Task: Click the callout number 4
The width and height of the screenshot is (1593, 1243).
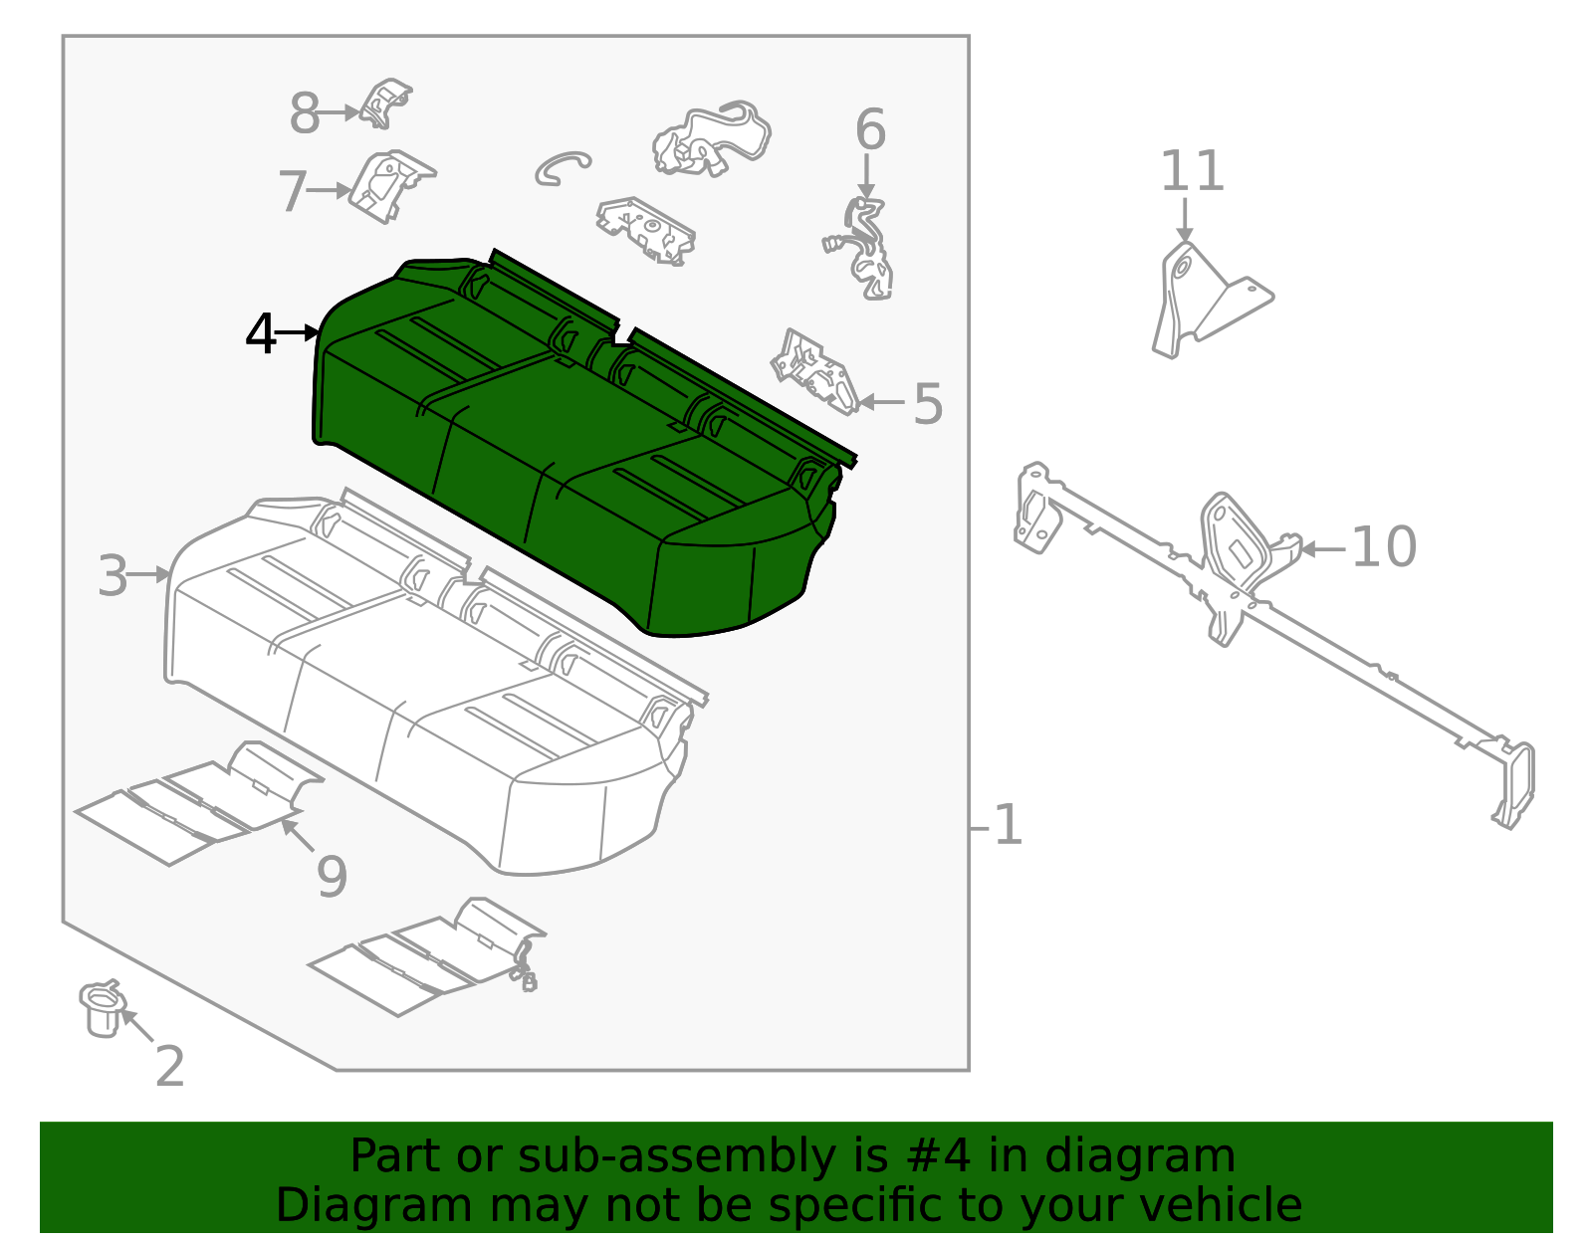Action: click(x=261, y=334)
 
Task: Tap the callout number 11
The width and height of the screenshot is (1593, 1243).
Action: click(x=1191, y=171)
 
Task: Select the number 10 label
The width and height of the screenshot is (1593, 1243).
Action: click(x=1383, y=547)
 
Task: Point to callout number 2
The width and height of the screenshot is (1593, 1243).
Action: click(x=170, y=1067)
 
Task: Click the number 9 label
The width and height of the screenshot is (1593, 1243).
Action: click(x=332, y=877)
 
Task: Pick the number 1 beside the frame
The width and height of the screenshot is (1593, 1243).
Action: click(x=1008, y=825)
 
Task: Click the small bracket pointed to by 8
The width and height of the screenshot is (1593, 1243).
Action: click(x=384, y=104)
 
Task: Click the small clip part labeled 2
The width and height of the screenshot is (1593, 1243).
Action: click(x=102, y=1009)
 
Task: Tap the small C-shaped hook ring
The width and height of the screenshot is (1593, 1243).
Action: click(x=560, y=167)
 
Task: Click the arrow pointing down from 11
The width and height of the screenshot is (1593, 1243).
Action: click(x=1185, y=219)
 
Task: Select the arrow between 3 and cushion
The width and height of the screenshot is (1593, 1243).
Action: click(x=150, y=574)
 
